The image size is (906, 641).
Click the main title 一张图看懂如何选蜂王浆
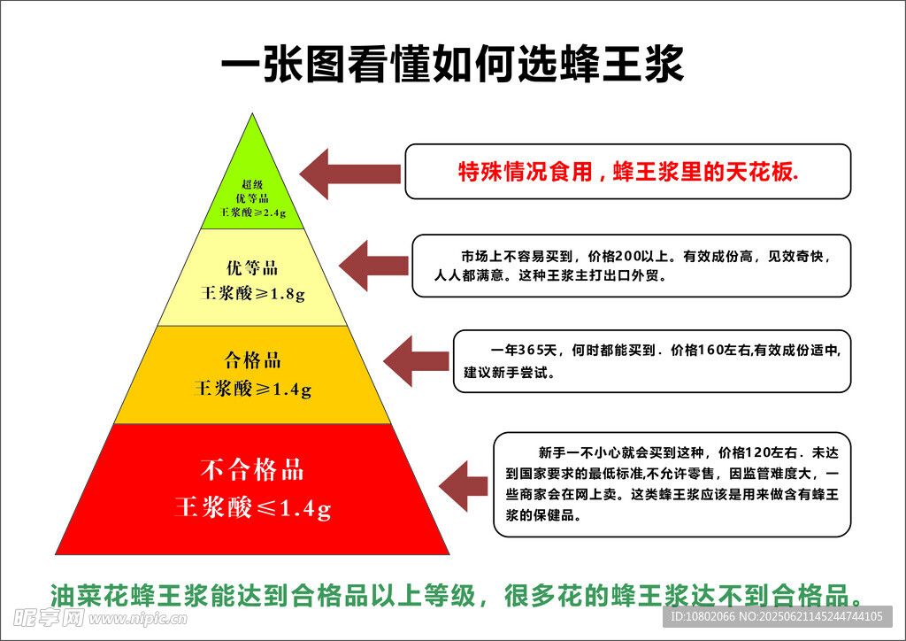[x=452, y=66]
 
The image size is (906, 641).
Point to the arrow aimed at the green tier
[x=349, y=173]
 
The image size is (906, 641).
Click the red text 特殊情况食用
[x=525, y=172]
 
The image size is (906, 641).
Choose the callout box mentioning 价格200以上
[x=631, y=266]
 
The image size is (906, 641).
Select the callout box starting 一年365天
[x=651, y=360]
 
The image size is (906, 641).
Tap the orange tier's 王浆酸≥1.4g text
[x=253, y=388]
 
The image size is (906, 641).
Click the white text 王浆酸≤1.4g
[x=253, y=508]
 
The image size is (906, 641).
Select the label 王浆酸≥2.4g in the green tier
[x=253, y=213]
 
